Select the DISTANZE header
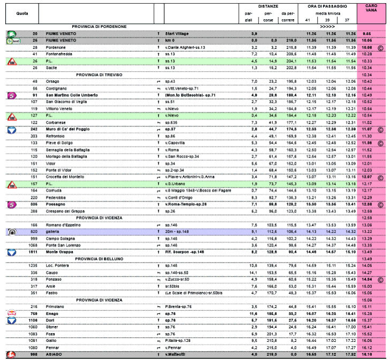coord(267,5)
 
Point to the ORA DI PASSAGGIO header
coord(327,5)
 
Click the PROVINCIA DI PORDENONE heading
coord(99,26)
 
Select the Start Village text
coord(177,33)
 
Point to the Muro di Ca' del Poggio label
coord(70,129)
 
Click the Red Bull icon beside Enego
coord(11,313)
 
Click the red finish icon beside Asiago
coord(11,355)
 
